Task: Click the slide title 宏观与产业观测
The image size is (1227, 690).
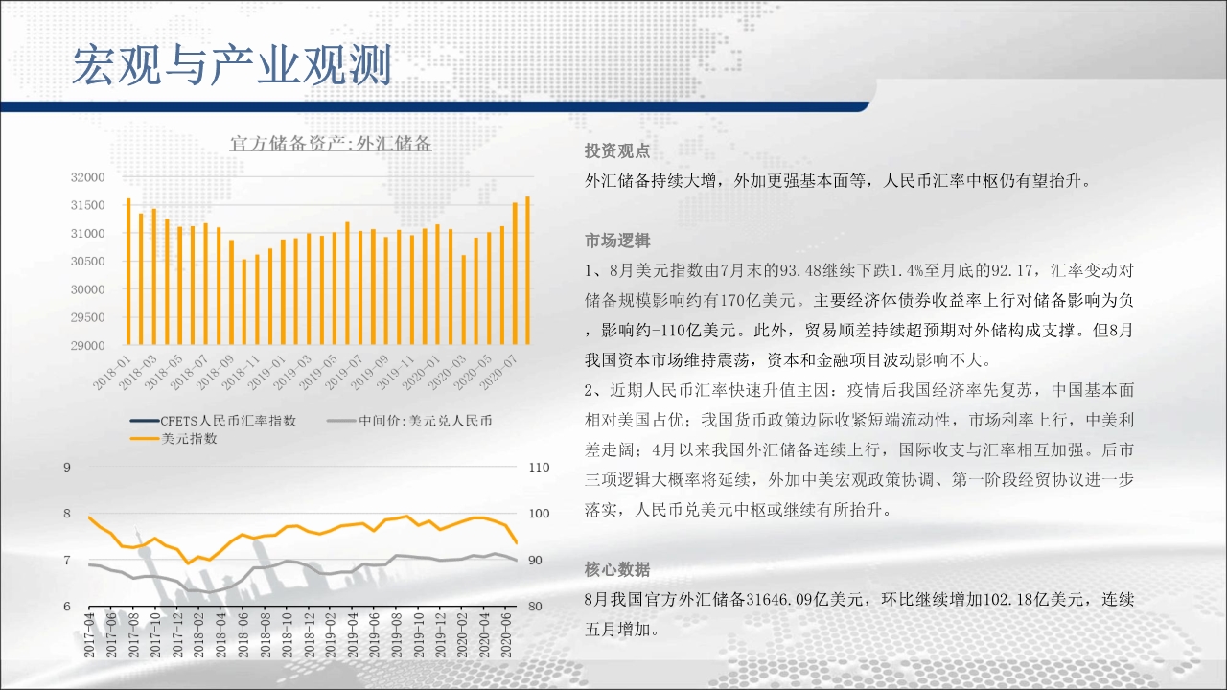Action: pyautogui.click(x=232, y=65)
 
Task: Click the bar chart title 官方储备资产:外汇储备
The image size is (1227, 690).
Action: pyautogui.click(x=331, y=144)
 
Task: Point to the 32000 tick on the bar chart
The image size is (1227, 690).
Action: pyautogui.click(x=87, y=177)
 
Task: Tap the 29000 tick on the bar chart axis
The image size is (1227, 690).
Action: pyautogui.click(x=87, y=346)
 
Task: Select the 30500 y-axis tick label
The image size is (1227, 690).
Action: pyautogui.click(x=87, y=262)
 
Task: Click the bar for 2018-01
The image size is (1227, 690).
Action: pyautogui.click(x=128, y=271)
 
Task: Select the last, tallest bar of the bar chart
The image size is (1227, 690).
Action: pyautogui.click(x=528, y=270)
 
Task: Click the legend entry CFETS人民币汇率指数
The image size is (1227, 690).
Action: pyautogui.click(x=214, y=421)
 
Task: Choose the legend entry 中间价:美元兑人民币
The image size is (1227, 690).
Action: pyautogui.click(x=409, y=421)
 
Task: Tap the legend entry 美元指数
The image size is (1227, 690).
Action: pyautogui.click(x=174, y=439)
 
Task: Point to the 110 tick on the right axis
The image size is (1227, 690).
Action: pyautogui.click(x=539, y=467)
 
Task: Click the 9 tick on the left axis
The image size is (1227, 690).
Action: pyautogui.click(x=67, y=467)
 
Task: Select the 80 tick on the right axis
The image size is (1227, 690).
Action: pyautogui.click(x=535, y=607)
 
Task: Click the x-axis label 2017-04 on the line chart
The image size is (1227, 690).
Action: pyautogui.click(x=89, y=635)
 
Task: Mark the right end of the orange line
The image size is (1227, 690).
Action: pyautogui.click(x=517, y=542)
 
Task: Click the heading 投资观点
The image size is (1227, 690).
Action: pyautogui.click(x=616, y=151)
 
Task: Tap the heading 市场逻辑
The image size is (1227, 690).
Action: pyautogui.click(x=616, y=241)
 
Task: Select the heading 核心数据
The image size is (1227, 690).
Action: pyautogui.click(x=616, y=569)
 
